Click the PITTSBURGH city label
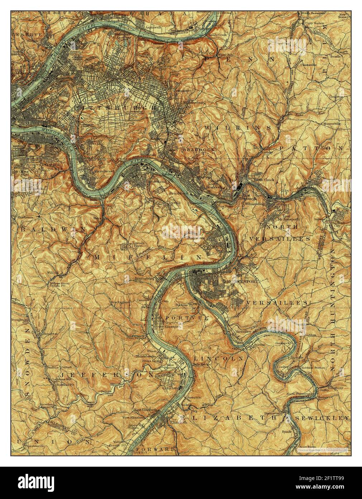click(115, 107)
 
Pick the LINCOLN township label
click(219, 358)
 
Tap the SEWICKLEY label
click(322, 418)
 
